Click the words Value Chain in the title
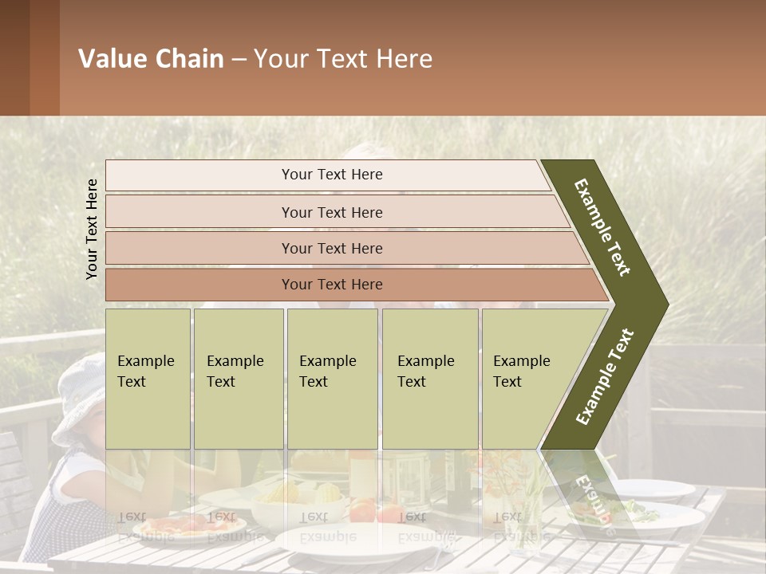click(x=151, y=59)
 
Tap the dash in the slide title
click(x=239, y=60)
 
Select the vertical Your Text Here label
click(x=92, y=229)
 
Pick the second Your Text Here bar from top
click(x=332, y=212)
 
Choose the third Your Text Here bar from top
click(x=332, y=249)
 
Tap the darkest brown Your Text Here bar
click(x=332, y=285)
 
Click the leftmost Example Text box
click(x=148, y=379)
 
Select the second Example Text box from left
click(x=239, y=379)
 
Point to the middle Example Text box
click(x=332, y=379)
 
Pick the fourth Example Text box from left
click(x=430, y=379)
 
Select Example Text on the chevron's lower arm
click(x=604, y=377)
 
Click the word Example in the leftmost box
click(x=145, y=361)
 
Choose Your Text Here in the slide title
click(x=343, y=60)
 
